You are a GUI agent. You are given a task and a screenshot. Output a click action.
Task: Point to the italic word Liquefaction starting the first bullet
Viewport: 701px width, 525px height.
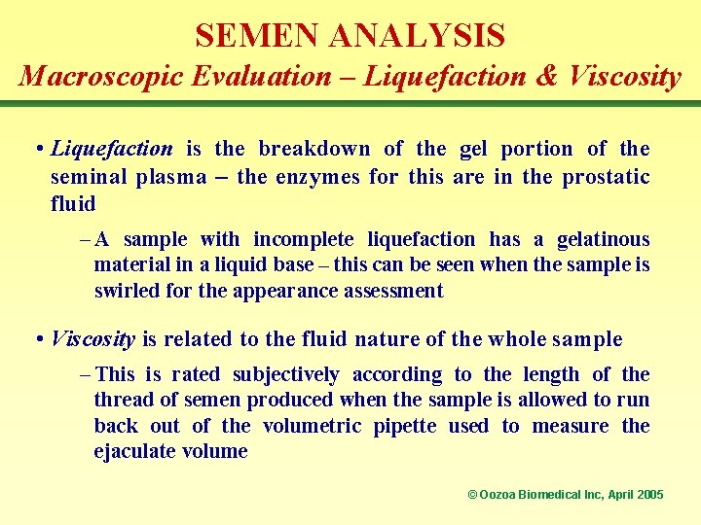tap(111, 149)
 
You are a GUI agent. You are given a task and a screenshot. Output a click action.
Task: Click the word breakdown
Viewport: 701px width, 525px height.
tap(314, 149)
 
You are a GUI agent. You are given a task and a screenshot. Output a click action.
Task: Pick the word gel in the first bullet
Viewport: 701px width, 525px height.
tap(473, 149)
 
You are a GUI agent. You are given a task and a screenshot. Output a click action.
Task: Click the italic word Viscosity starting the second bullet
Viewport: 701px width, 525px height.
tap(92, 339)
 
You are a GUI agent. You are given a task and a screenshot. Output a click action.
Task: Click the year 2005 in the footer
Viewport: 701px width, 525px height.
tap(648, 495)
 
